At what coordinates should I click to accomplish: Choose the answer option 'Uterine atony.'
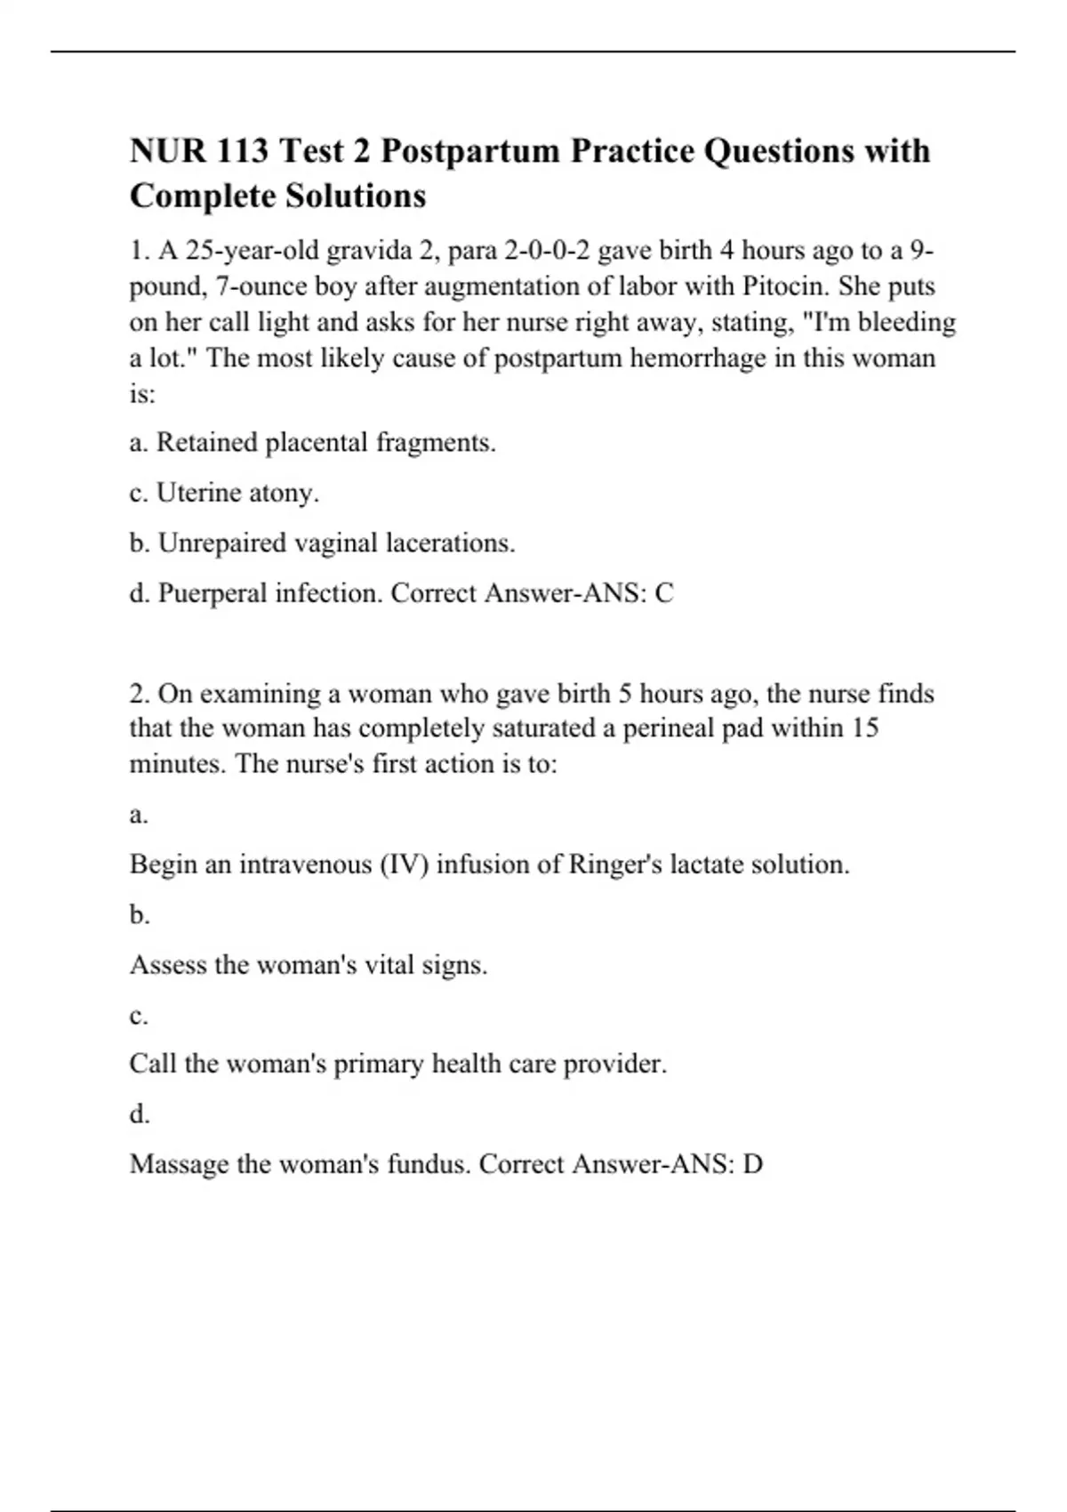[237, 493]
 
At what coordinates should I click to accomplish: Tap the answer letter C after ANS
[663, 593]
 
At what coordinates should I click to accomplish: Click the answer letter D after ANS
[752, 1164]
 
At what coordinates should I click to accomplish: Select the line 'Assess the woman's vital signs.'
[309, 965]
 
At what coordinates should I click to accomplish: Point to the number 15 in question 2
[864, 728]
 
